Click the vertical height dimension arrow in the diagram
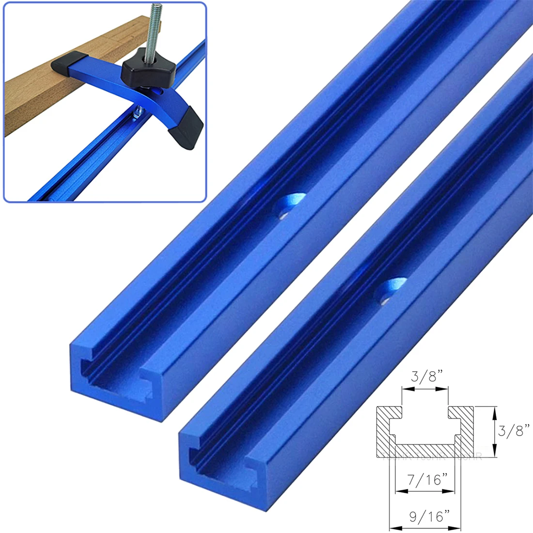495,431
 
